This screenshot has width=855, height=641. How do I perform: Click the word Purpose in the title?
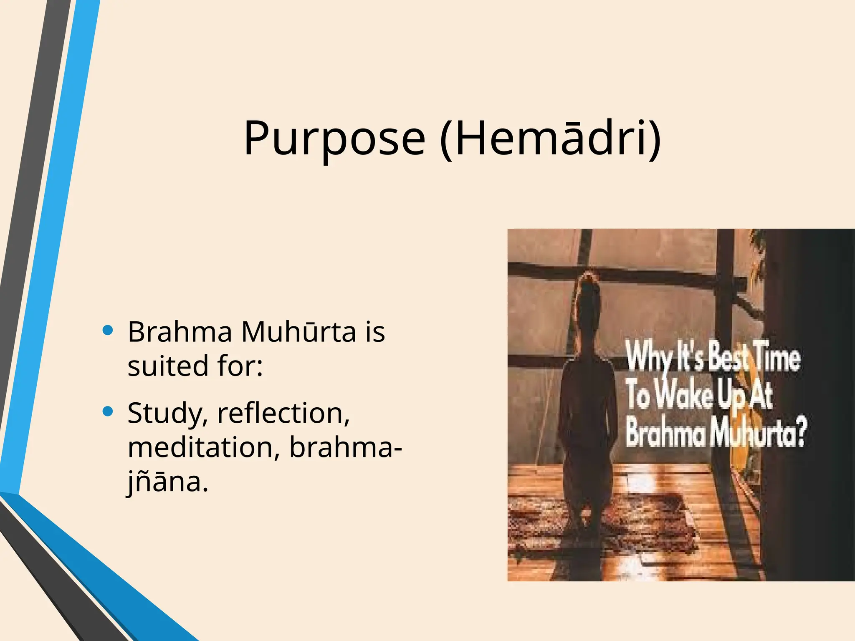pos(334,139)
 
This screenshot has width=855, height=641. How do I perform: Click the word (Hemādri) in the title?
pos(550,139)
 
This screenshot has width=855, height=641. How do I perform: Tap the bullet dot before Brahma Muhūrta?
pos(108,331)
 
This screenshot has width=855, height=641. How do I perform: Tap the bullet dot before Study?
pos(108,412)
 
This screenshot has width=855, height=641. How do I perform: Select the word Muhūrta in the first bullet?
pos(298,332)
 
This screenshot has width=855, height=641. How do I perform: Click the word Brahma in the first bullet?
pos(180,332)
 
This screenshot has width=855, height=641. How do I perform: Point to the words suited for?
pos(195,366)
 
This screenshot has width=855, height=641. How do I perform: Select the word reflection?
pos(283,413)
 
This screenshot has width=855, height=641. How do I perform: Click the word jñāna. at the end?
pos(167,482)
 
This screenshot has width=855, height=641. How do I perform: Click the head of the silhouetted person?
pos(588,292)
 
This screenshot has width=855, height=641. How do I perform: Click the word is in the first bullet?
pos(375,332)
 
